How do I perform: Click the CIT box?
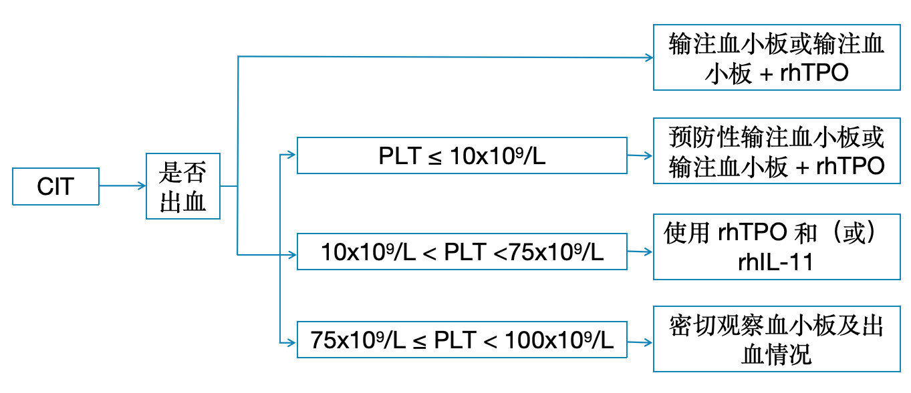point(56,186)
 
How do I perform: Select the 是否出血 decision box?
point(182,186)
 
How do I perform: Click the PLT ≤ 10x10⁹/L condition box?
point(462,155)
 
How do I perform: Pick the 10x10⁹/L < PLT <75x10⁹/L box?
point(462,252)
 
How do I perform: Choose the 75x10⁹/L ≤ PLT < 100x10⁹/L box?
point(462,340)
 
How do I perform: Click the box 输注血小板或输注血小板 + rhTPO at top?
point(777,58)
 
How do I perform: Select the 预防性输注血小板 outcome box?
point(777,152)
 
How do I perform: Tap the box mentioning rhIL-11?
point(777,247)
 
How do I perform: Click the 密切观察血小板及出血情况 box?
point(777,340)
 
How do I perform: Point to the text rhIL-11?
point(776,262)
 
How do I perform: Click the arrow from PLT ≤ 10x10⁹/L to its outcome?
point(640,155)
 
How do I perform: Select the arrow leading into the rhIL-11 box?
point(640,252)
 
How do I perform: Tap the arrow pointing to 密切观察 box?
point(640,342)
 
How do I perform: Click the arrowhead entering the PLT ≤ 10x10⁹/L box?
point(291,155)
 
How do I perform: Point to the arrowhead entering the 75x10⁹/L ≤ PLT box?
point(291,342)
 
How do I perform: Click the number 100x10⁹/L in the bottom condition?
point(559,340)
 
